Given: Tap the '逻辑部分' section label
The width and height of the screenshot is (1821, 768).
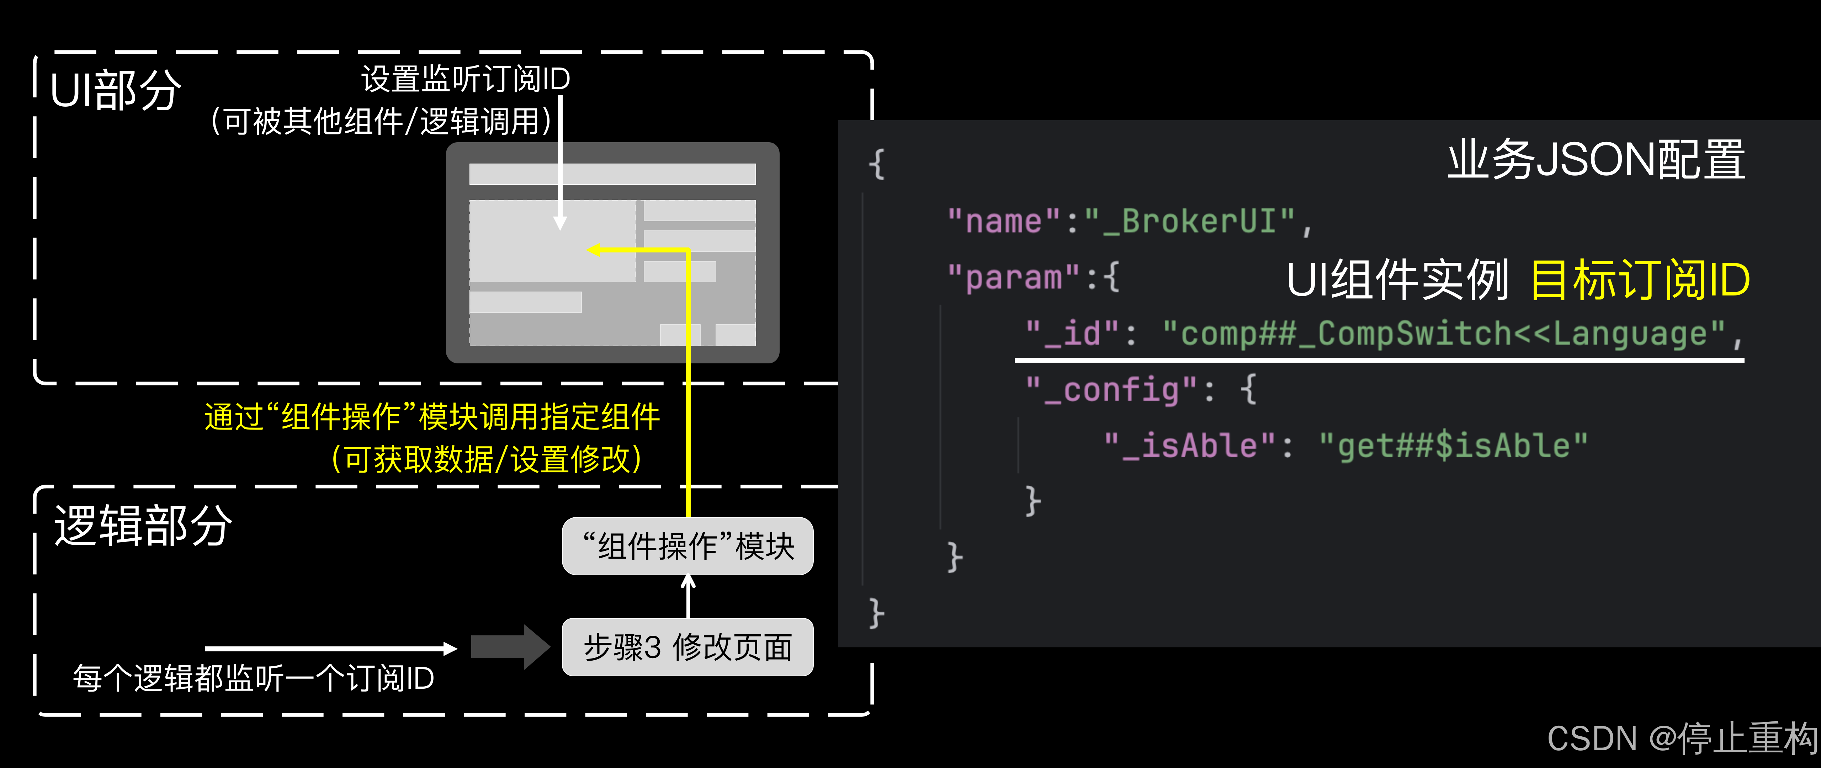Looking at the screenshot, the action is click(x=143, y=526).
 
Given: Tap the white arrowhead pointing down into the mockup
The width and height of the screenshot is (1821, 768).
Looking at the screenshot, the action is click(x=560, y=223).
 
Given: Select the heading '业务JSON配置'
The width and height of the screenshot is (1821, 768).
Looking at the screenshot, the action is click(x=1596, y=160).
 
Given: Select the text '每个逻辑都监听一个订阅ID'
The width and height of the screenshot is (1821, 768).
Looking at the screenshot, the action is click(x=253, y=678).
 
